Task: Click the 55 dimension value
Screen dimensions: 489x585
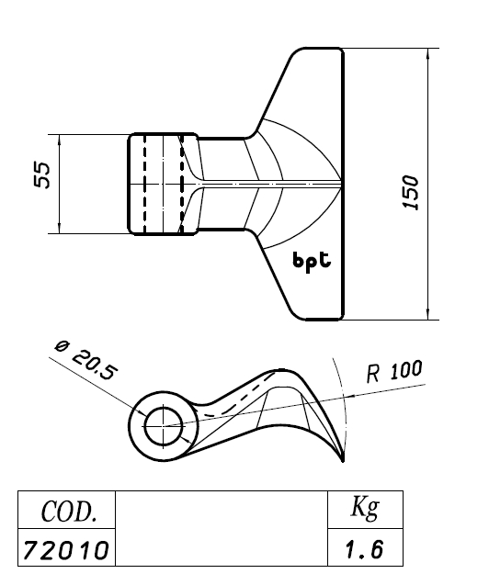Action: pos(41,174)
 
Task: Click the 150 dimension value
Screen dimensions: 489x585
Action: pos(411,193)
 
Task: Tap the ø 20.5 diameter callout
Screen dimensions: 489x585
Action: pos(86,360)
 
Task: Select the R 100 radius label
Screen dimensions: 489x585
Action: pos(395,371)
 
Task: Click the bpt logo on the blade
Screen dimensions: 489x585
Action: pos(312,262)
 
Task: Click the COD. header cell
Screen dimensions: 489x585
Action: pos(67,510)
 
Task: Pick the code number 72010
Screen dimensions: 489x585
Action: pos(65,550)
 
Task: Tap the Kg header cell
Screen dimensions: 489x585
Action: pos(366,509)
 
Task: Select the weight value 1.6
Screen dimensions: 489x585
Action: pos(364,549)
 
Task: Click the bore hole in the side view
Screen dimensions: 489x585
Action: pos(164,426)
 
